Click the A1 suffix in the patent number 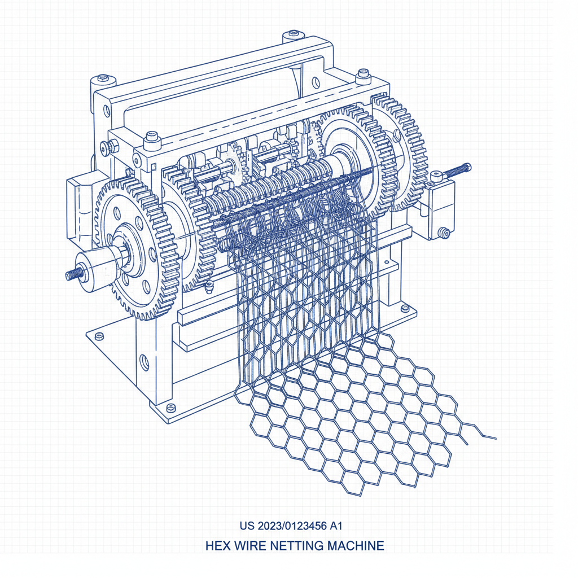336,526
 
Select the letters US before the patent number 247,526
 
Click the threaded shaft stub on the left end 72,274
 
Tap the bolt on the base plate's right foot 405,308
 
